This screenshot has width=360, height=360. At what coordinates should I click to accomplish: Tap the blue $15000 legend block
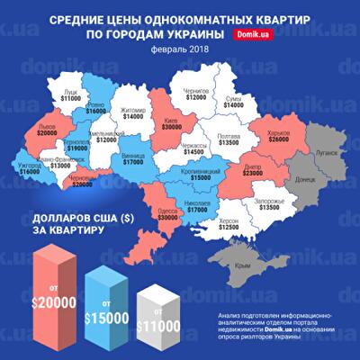106,301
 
